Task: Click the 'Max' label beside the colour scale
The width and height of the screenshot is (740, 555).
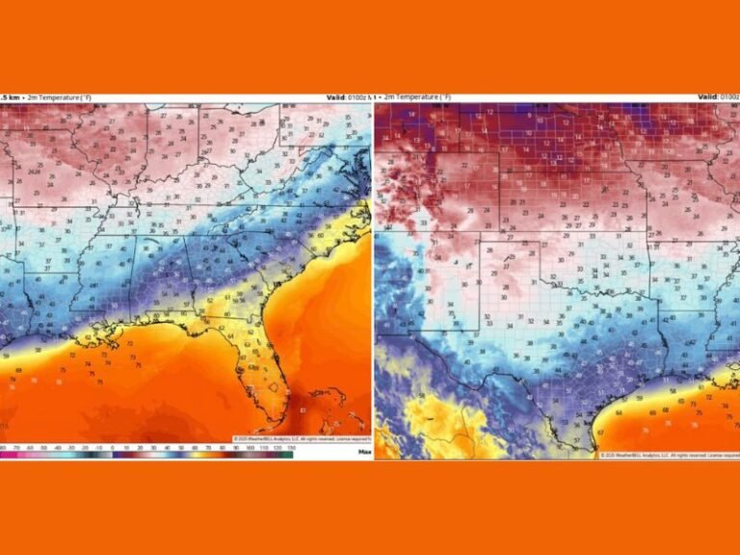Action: pyautogui.click(x=364, y=451)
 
